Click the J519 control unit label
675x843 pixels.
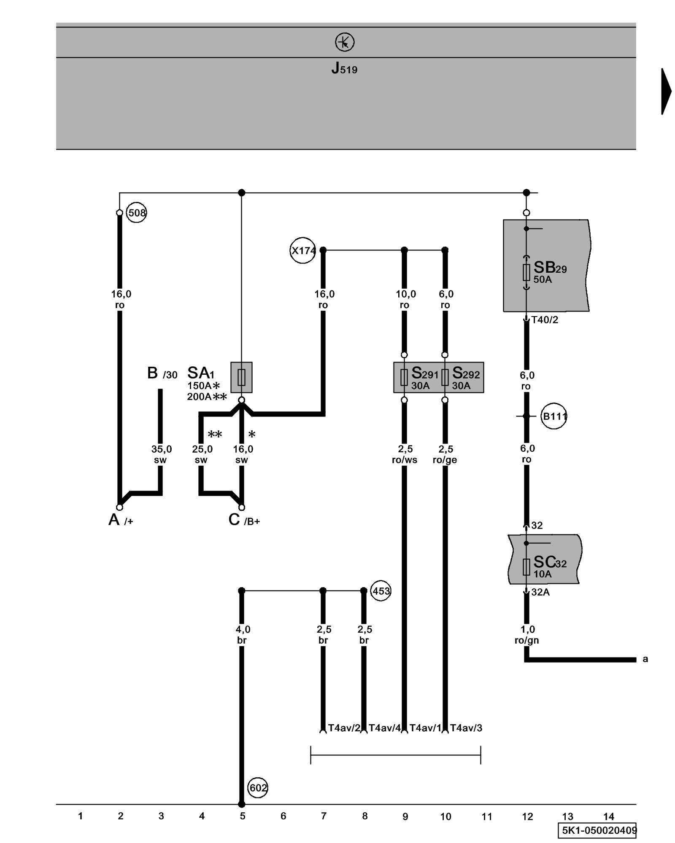[x=344, y=68]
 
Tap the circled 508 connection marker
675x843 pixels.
[x=137, y=213]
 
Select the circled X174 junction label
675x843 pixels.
[x=303, y=251]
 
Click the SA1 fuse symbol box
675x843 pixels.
[x=241, y=377]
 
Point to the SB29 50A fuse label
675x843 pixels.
[x=550, y=272]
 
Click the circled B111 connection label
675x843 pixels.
[x=554, y=416]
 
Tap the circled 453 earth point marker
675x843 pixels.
[x=381, y=591]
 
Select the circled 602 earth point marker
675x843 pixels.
[x=258, y=788]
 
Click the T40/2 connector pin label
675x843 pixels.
[x=545, y=320]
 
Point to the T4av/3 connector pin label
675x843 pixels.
[x=466, y=728]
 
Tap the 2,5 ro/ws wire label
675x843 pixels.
[x=405, y=454]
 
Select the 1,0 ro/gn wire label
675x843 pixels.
[x=527, y=635]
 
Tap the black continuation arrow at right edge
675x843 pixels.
[x=666, y=91]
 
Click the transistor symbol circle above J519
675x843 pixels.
[x=345, y=43]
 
